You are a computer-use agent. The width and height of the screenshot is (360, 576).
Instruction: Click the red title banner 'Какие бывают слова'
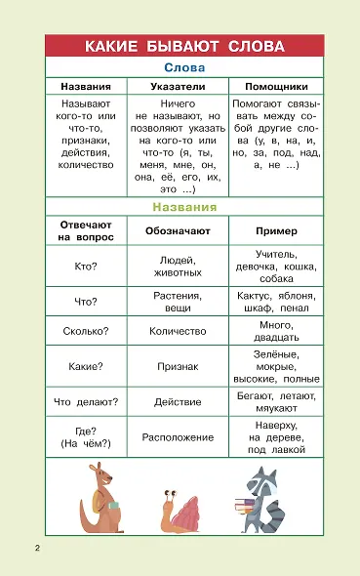(x=183, y=47)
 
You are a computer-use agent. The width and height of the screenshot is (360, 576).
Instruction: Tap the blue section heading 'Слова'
(x=183, y=68)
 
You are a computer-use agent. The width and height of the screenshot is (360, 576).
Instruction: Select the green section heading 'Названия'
(x=183, y=208)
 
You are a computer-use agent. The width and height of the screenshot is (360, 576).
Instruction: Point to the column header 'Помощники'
(x=276, y=86)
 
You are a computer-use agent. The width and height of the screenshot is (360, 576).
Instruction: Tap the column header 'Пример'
(x=276, y=230)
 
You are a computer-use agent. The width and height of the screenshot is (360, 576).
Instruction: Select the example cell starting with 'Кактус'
(x=276, y=302)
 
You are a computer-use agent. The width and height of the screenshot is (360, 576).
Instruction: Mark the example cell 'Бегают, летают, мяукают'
(x=276, y=402)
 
